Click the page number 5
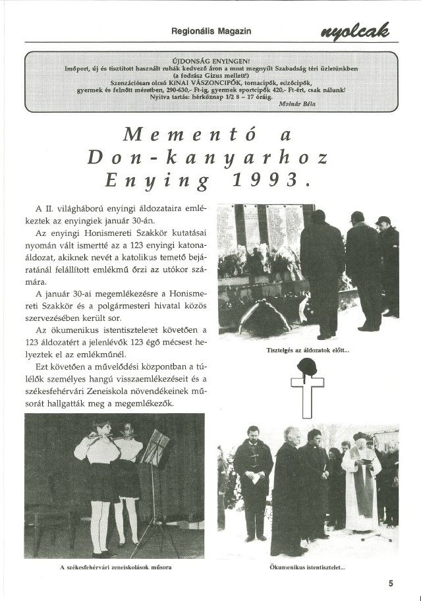391,583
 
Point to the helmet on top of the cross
306,368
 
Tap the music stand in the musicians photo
156,455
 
